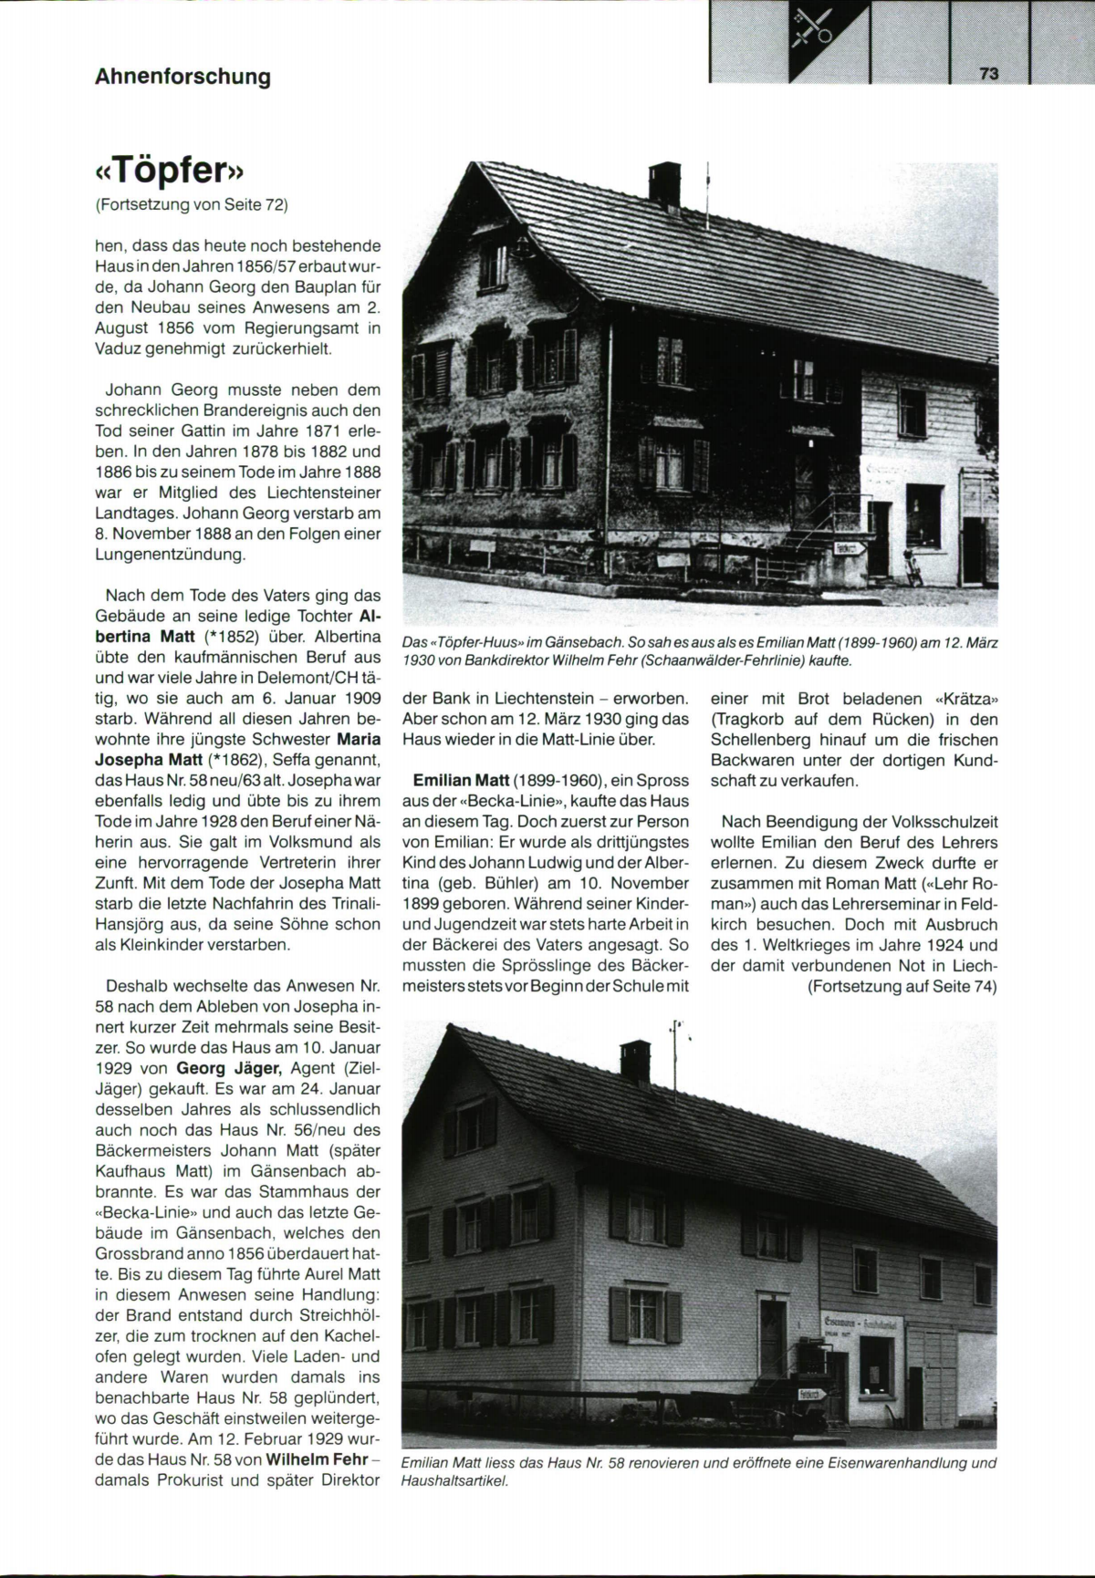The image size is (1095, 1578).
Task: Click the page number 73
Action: (988, 74)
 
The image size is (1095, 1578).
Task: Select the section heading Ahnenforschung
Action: (182, 77)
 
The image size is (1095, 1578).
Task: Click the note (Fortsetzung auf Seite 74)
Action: (901, 986)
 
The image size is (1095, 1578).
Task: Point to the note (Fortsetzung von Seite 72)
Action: (192, 204)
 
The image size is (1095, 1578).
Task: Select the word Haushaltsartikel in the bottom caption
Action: (454, 1481)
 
